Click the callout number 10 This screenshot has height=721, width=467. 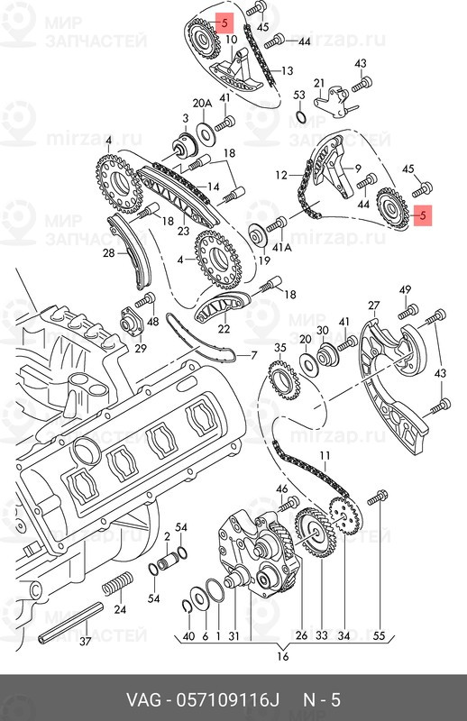(232, 40)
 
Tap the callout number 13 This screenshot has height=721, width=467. (287, 71)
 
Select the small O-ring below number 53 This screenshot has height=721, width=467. (299, 116)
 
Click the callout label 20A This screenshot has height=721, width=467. (202, 104)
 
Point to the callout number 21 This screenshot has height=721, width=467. (319, 83)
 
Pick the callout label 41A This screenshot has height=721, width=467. (282, 247)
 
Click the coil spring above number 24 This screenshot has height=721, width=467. (117, 583)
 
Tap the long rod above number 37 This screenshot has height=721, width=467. (71, 622)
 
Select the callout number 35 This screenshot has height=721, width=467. (280, 348)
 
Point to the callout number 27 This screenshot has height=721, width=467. (374, 306)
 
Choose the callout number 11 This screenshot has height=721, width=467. (325, 456)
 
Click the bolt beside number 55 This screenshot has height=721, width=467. (377, 497)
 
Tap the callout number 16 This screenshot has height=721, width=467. (283, 656)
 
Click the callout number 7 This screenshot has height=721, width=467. (254, 355)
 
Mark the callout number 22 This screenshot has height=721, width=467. (224, 329)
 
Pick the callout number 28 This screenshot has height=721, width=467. (108, 252)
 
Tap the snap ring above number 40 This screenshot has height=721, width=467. (188, 607)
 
